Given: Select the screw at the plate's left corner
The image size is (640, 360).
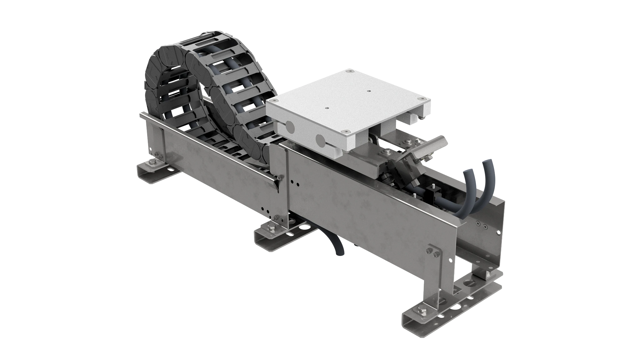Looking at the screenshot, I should pos(274,101).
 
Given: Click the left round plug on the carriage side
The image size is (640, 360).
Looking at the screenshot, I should pos(290,127).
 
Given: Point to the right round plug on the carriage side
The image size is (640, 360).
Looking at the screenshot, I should pos(320,139).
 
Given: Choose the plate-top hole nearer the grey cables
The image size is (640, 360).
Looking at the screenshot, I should pos(369,91).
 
